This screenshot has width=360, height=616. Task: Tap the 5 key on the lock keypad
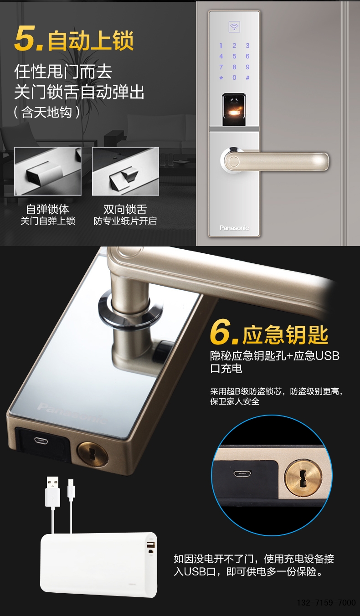coord(234,56)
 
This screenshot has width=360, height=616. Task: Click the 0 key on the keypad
coord(234,77)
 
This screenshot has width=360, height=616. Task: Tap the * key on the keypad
coord(221,78)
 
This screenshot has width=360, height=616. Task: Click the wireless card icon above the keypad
coord(234,27)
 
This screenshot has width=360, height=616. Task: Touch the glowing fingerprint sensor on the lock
coord(234,110)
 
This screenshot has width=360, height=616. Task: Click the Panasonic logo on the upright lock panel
coord(234,228)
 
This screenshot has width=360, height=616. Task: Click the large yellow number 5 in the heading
coord(26,38)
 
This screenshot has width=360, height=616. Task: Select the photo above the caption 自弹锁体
coord(47,171)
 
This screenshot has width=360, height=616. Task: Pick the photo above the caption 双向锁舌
coord(125,171)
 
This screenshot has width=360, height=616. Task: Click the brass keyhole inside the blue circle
coord(303,477)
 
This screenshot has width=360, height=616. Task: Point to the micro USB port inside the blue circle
coord(242,474)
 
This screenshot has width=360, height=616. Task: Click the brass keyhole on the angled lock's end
coord(93,454)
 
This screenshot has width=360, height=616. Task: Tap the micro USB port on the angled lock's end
coord(41,441)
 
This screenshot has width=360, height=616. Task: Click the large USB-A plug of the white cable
coord(52,492)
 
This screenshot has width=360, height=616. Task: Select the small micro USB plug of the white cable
coord(71,489)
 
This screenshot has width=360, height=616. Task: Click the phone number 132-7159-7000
coord(326,602)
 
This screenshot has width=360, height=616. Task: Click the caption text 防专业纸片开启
coord(125,221)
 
